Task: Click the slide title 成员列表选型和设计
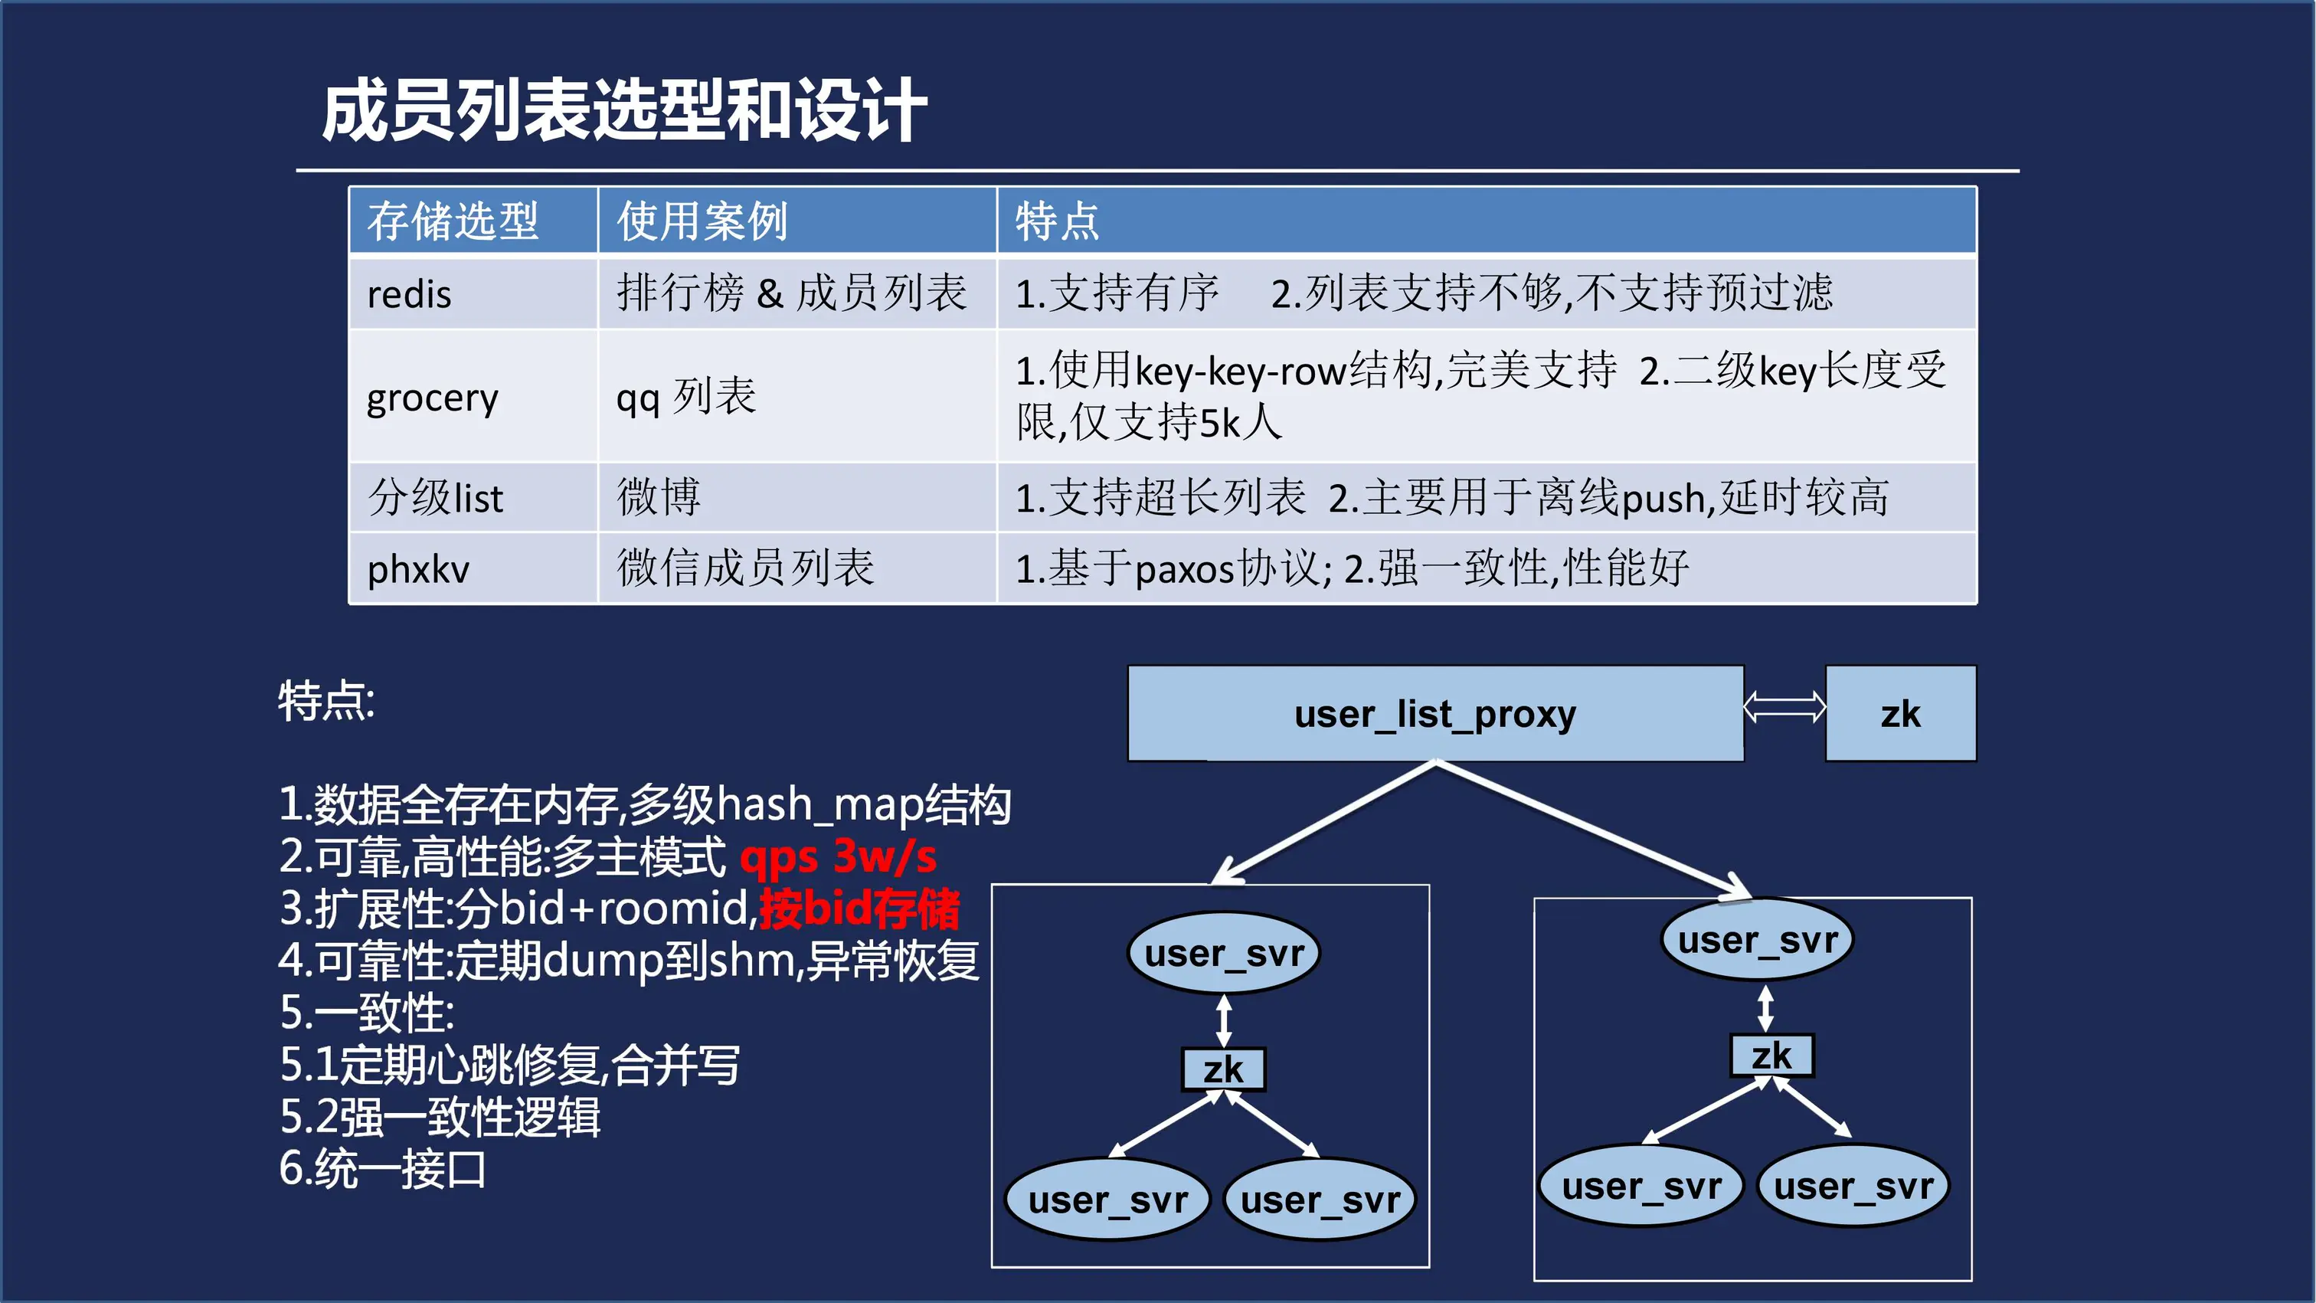tap(624, 110)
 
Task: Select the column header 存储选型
tap(452, 221)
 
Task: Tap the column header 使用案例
tap(702, 221)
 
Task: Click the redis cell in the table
tap(409, 294)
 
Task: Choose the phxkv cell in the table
tap(418, 569)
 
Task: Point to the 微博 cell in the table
tap(658, 497)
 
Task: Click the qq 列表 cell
tap(686, 397)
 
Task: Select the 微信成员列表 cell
tap(745, 568)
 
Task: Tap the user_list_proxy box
tap(1435, 714)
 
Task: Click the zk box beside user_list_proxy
tap(1899, 714)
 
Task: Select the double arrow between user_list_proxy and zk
tap(1784, 708)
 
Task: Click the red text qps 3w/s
tap(838, 856)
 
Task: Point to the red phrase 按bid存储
tap(859, 908)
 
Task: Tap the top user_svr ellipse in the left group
tap(1223, 953)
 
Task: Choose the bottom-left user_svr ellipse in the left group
tap(1107, 1200)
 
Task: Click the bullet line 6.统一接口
tap(383, 1169)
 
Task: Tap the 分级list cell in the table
tap(436, 497)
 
